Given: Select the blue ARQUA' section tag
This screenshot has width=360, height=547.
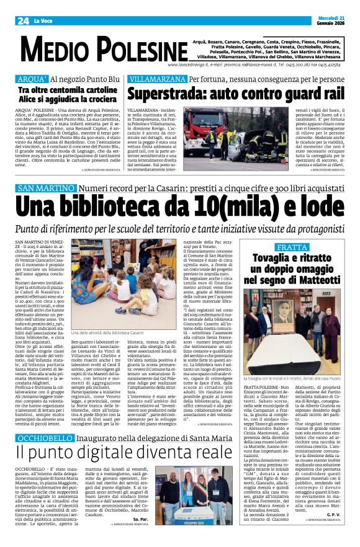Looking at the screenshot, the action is tap(31, 79).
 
